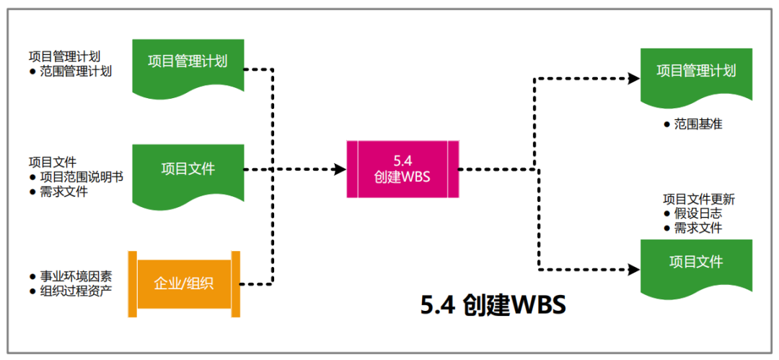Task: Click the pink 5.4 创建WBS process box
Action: [402, 170]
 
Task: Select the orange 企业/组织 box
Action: [184, 284]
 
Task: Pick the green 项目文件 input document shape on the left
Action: [188, 170]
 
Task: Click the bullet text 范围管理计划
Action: [76, 71]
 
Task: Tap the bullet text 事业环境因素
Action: [76, 276]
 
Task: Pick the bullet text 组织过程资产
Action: [76, 291]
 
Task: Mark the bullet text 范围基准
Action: [698, 124]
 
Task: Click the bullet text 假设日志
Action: [697, 214]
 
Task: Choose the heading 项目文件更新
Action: [698, 199]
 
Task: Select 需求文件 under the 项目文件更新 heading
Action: [697, 228]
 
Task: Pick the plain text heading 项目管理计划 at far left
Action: [64, 56]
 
